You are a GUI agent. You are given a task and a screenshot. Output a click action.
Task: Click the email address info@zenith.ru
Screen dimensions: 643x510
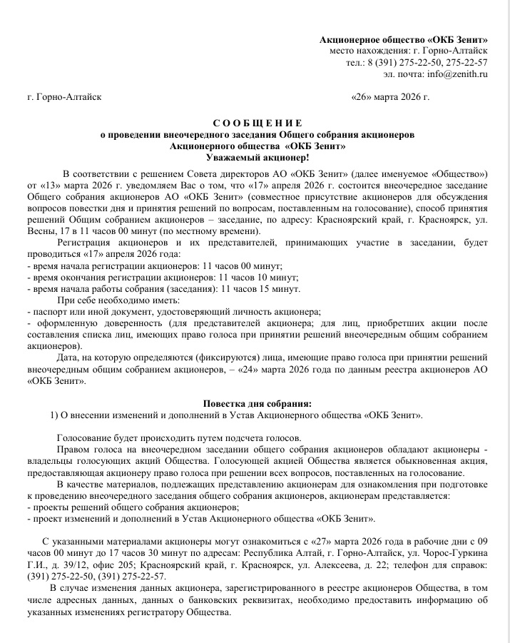(x=453, y=74)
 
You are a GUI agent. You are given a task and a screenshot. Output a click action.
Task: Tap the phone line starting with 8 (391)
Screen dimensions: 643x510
(x=427, y=62)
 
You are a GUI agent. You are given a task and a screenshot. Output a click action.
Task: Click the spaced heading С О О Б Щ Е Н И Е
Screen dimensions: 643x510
(x=257, y=123)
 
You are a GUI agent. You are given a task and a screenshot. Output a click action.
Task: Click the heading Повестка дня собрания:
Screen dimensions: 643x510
(x=257, y=402)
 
